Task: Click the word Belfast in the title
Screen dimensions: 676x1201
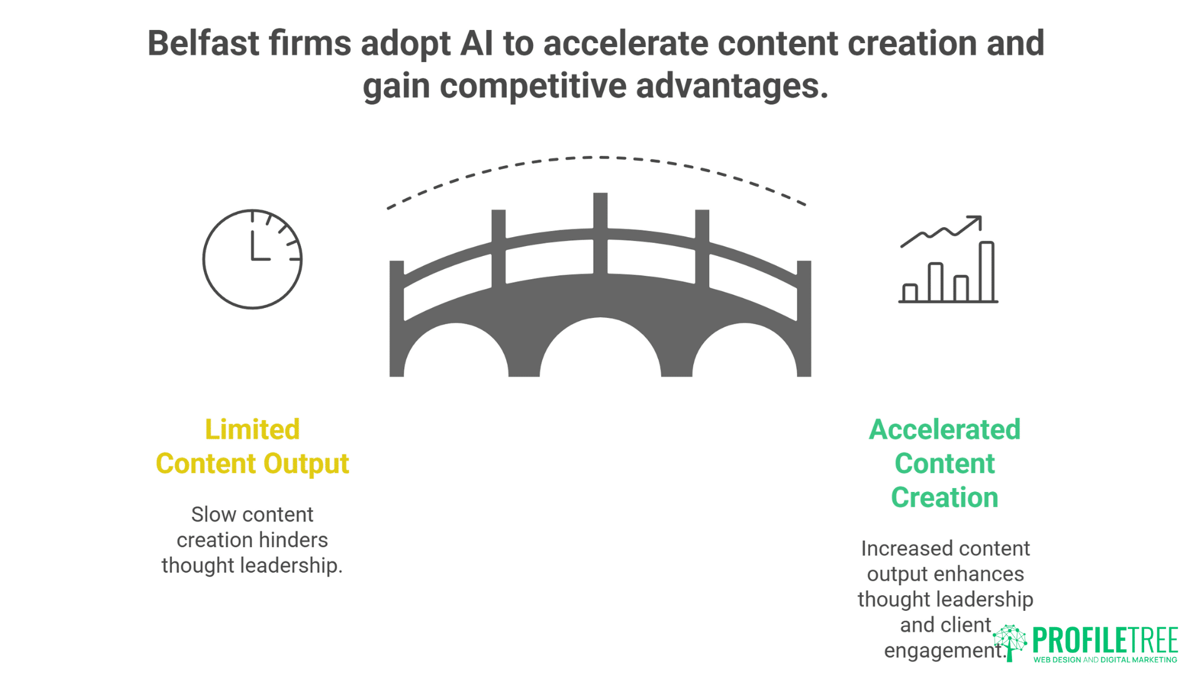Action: pos(203,44)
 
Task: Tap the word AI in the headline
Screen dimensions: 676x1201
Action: pos(477,44)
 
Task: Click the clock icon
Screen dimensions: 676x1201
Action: pos(252,259)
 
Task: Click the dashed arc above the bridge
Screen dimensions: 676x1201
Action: pos(599,157)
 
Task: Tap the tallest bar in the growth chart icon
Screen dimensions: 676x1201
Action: pos(986,272)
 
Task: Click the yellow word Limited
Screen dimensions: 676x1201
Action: pos(252,430)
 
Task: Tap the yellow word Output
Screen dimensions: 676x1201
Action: pos(306,464)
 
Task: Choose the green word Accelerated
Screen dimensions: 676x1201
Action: pos(945,430)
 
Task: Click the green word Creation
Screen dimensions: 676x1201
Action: pos(945,498)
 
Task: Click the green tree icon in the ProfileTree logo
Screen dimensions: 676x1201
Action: pos(1010,642)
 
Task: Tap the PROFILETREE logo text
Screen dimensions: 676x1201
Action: pos(1105,640)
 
